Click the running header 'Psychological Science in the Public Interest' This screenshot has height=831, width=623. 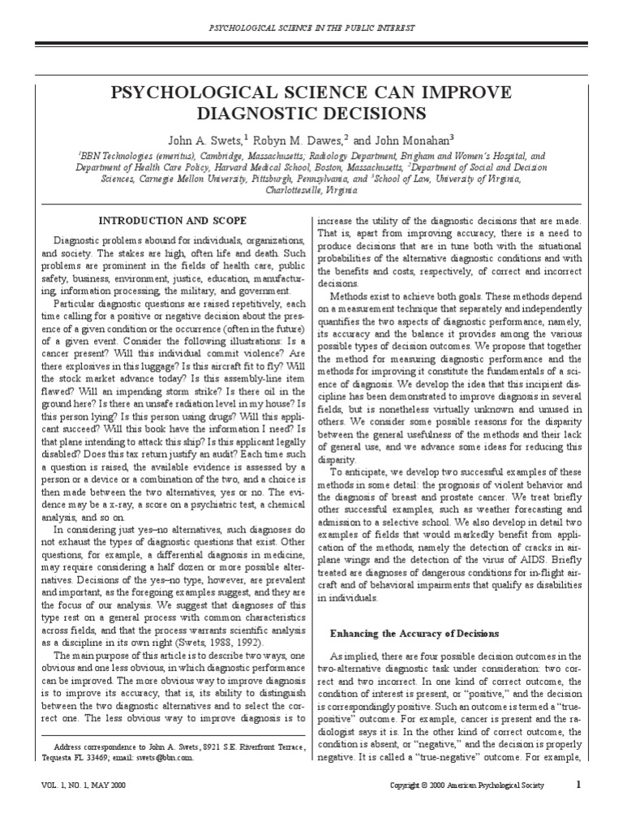coord(312,28)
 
